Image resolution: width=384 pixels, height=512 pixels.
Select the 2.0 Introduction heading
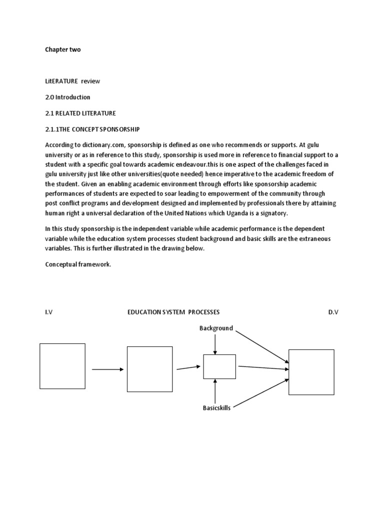(67, 97)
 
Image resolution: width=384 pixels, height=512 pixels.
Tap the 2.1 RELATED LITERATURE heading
(80, 113)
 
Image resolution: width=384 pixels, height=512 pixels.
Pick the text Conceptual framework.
(77, 264)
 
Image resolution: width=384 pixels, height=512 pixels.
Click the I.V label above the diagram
(48, 312)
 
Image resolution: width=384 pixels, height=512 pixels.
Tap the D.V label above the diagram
(333, 312)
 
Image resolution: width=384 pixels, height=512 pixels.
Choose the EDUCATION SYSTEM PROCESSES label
(173, 312)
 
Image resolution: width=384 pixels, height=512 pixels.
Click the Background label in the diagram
(216, 328)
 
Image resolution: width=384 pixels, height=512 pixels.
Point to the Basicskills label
(216, 407)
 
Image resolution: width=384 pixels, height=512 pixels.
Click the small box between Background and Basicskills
(219, 366)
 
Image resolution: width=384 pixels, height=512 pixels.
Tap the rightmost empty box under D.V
(311, 372)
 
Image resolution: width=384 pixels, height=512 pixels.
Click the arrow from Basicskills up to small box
(215, 391)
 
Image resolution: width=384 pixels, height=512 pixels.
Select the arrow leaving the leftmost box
(107, 369)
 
